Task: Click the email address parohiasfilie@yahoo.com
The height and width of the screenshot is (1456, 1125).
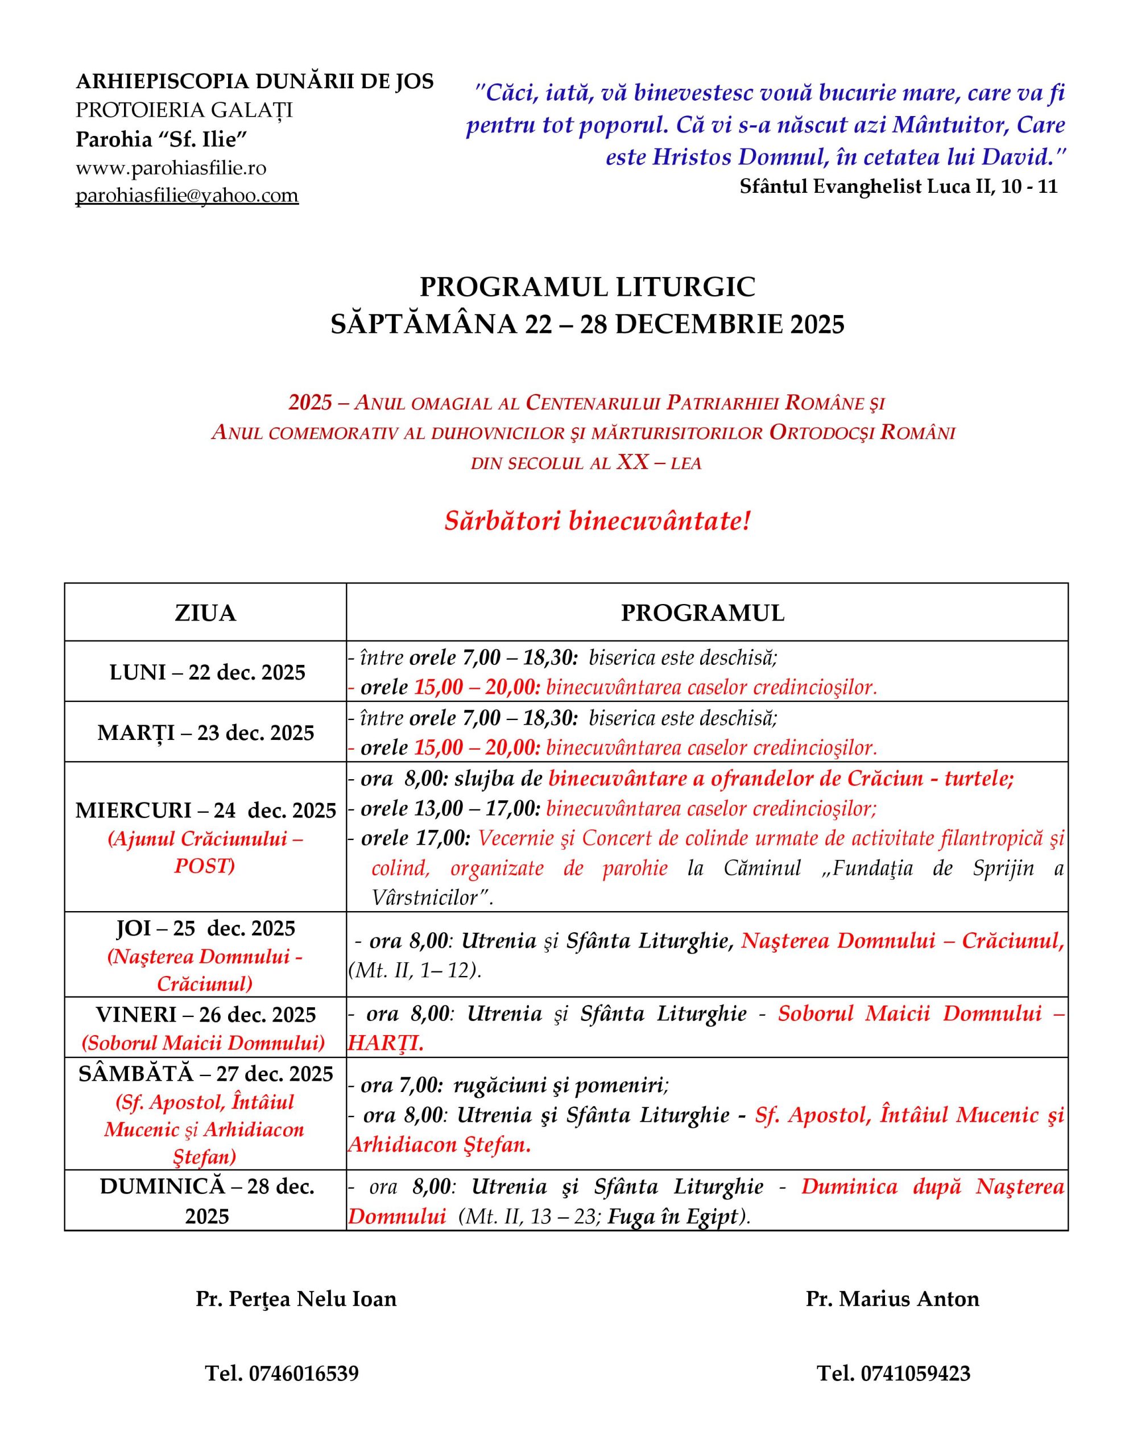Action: (x=187, y=195)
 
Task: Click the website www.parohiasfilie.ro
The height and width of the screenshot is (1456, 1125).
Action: (x=171, y=167)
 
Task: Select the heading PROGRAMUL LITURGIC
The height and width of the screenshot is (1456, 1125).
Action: (x=587, y=287)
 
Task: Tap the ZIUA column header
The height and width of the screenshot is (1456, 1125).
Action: (x=205, y=613)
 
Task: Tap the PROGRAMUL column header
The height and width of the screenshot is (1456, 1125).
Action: (x=702, y=613)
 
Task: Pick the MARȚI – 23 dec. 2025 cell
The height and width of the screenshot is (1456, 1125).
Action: (x=205, y=733)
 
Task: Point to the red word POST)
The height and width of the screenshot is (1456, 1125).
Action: (x=204, y=865)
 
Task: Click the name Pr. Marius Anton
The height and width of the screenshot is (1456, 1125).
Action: (x=892, y=1298)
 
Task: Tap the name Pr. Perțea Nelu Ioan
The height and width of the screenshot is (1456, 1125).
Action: (x=296, y=1298)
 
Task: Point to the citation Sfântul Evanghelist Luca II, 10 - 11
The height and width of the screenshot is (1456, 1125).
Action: (x=898, y=186)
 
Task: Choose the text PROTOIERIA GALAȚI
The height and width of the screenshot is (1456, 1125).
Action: (x=184, y=110)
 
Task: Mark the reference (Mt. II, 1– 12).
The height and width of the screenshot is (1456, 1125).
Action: (x=413, y=970)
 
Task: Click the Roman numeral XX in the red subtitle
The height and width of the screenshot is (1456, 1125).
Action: (x=632, y=462)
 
